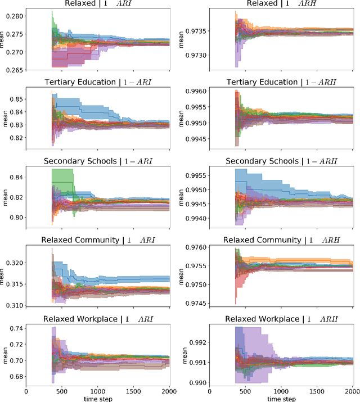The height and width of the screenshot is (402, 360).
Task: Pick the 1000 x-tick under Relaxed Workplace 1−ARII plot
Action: (281, 390)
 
